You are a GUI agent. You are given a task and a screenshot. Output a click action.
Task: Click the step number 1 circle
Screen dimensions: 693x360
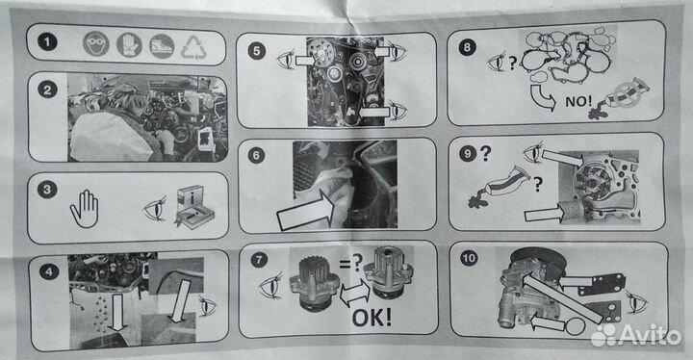tap(47, 42)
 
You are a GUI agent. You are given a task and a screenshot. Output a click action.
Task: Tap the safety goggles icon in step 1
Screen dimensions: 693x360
tap(96, 43)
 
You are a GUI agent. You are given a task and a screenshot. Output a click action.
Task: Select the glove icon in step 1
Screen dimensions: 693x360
tap(129, 44)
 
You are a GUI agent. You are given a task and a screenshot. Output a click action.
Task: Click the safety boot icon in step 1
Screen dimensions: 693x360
tap(162, 46)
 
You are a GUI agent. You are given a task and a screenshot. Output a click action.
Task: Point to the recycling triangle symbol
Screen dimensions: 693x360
tap(193, 47)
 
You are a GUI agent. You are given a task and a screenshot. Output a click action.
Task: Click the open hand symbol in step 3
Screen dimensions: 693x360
tap(84, 209)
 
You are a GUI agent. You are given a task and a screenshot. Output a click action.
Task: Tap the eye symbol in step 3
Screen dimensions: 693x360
tap(155, 209)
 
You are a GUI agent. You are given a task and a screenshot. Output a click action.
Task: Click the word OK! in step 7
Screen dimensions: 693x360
tap(372, 317)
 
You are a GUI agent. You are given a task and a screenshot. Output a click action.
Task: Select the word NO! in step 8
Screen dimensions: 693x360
tap(578, 101)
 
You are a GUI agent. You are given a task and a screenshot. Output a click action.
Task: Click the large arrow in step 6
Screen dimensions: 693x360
tap(305, 211)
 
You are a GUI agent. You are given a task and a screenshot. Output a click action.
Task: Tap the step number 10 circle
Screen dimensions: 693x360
tap(469, 258)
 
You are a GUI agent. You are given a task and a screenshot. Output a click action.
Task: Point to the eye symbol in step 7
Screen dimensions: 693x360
tap(270, 286)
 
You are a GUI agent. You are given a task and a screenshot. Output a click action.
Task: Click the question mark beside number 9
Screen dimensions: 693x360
tap(485, 153)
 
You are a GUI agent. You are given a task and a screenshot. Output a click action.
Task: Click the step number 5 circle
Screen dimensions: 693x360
tap(257, 50)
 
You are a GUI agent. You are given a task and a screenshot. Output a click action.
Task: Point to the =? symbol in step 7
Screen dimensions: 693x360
tap(351, 264)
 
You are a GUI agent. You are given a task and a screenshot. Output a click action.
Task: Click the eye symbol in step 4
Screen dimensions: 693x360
tap(208, 306)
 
